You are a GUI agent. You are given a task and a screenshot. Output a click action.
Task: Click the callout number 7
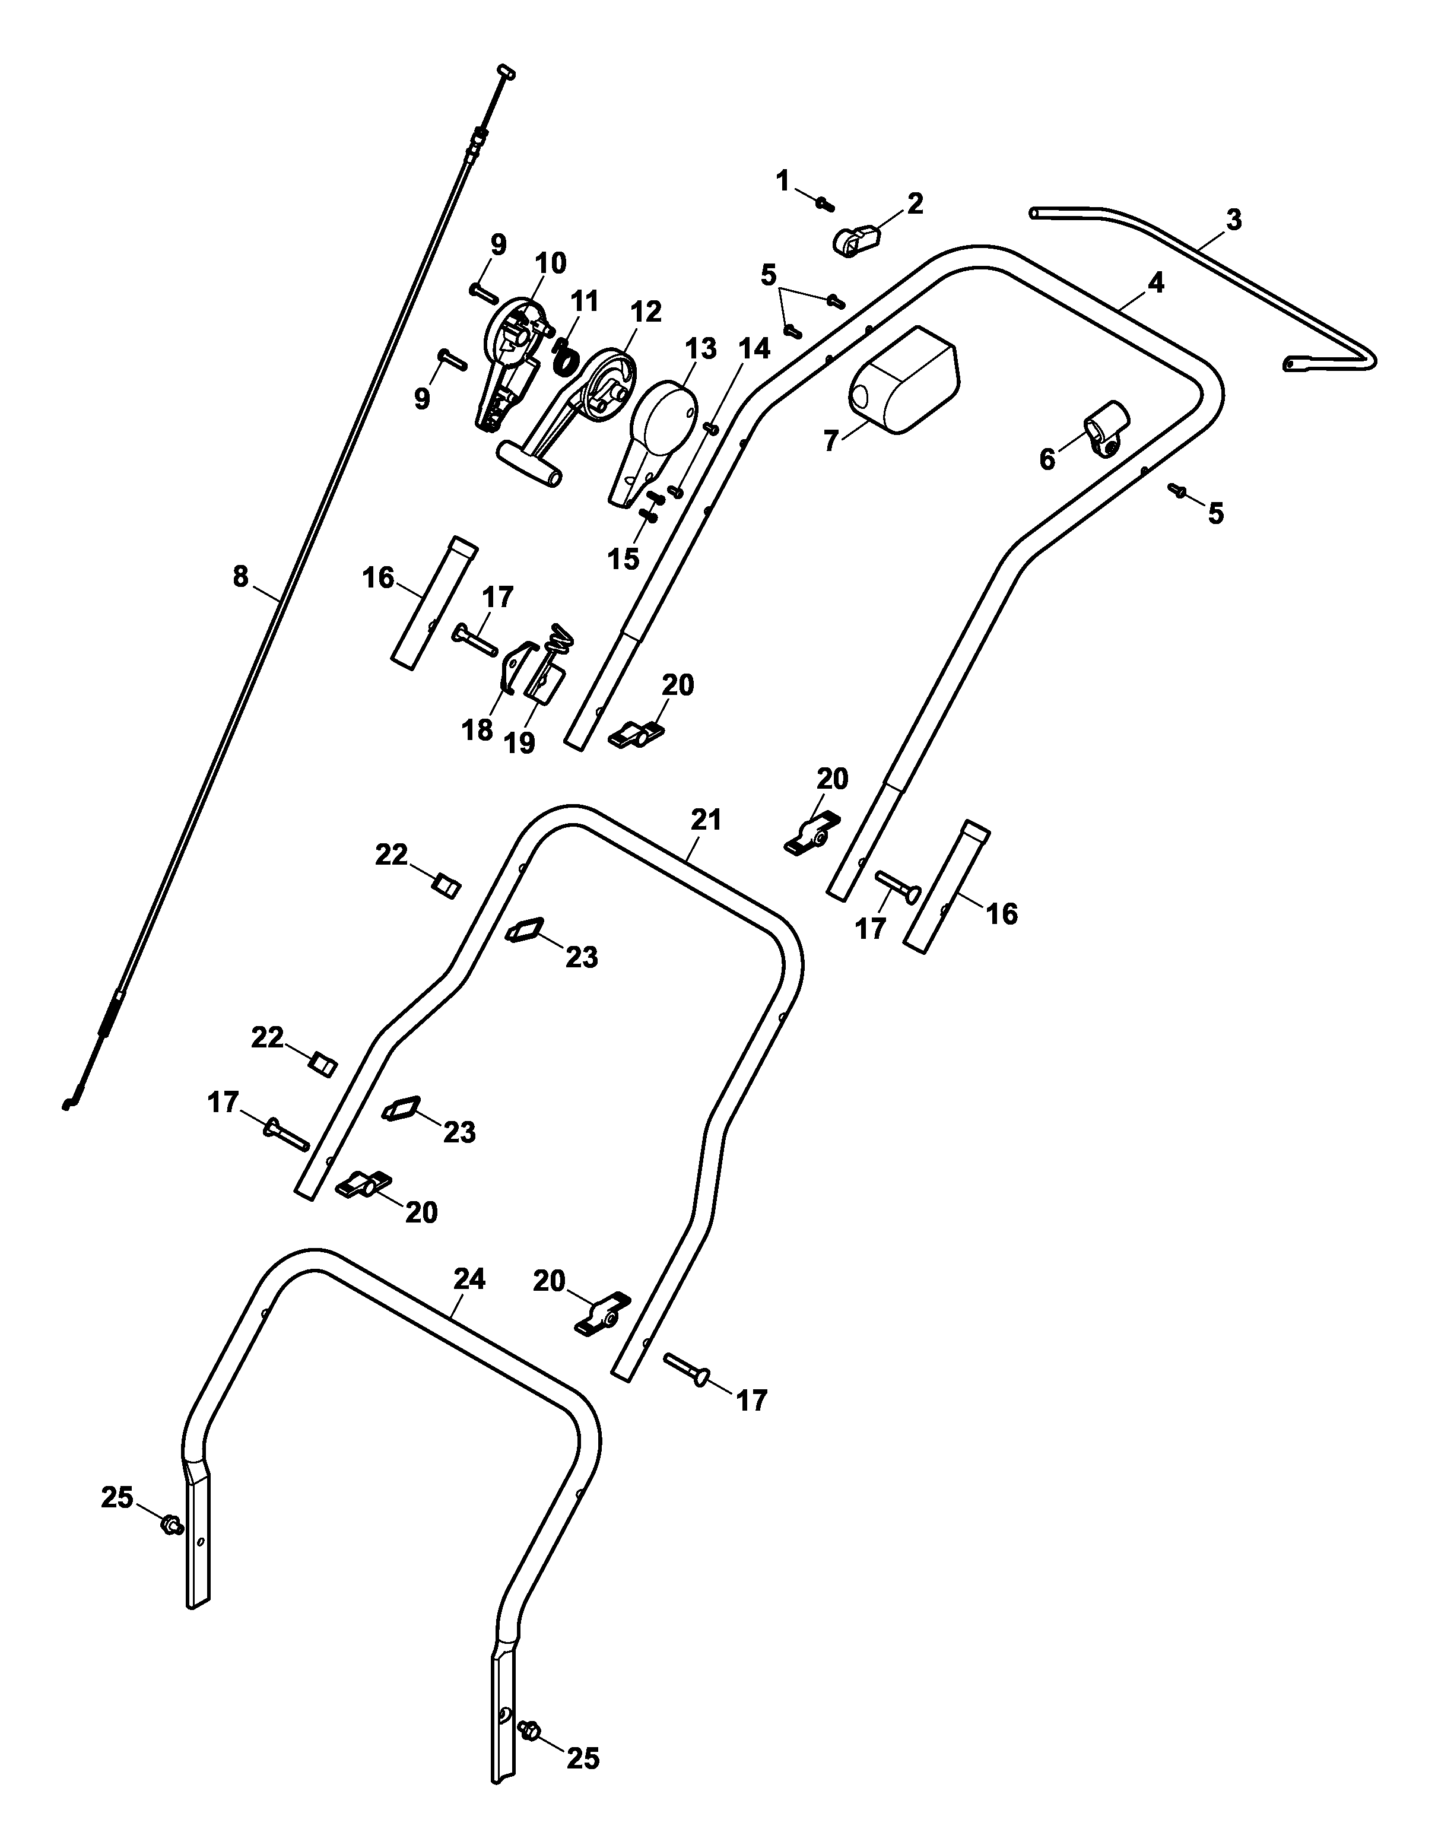click(831, 440)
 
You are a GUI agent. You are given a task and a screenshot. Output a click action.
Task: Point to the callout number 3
click(1233, 220)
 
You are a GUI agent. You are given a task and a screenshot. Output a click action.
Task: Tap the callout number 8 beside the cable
click(241, 577)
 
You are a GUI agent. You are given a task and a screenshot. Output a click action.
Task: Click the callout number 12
click(646, 312)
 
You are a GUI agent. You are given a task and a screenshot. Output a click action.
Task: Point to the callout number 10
click(551, 263)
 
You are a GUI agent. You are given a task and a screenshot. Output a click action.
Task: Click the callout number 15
click(623, 558)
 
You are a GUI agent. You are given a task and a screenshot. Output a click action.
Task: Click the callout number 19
click(519, 742)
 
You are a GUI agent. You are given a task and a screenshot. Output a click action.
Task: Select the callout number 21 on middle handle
click(706, 820)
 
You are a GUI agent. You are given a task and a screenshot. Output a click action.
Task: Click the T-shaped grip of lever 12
click(529, 464)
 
